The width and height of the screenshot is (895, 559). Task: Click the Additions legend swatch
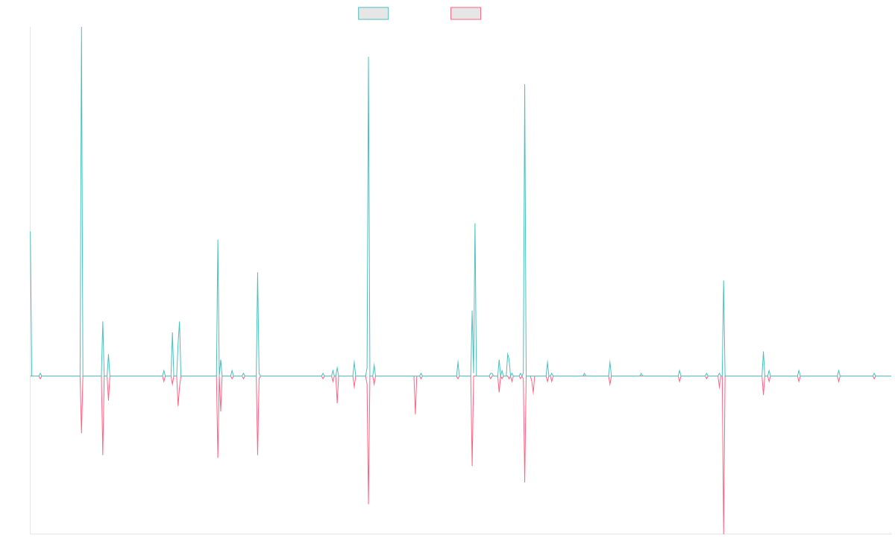(x=374, y=13)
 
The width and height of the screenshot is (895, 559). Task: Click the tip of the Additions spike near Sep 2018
(x=368, y=57)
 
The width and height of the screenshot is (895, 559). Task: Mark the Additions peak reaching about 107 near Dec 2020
(x=525, y=83)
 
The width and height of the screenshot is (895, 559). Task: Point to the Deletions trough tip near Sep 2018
(x=368, y=505)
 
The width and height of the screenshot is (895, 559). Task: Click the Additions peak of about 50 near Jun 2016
(x=218, y=240)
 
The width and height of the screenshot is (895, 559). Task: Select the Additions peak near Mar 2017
(x=257, y=273)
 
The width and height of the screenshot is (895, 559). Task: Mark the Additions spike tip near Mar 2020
(x=475, y=223)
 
